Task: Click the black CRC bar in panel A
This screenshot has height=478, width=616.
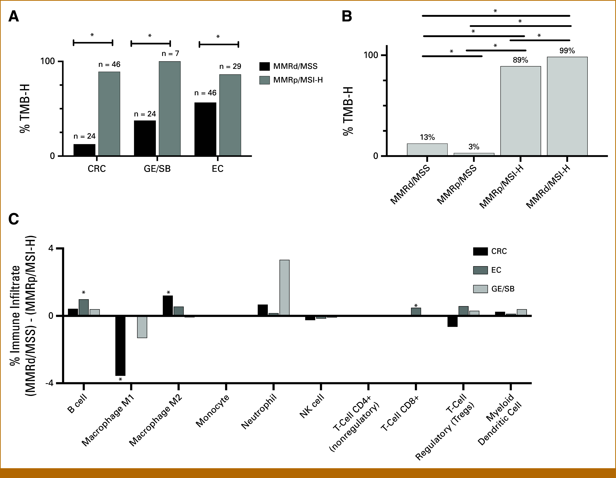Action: [84, 150]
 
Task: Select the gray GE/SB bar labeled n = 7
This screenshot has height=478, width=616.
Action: [170, 109]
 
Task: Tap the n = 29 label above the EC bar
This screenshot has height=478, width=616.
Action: [230, 67]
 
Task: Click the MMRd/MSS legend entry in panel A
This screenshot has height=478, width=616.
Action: [288, 66]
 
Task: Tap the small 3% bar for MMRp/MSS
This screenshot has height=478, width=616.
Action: [474, 154]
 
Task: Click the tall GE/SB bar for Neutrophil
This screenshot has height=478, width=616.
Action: [284, 288]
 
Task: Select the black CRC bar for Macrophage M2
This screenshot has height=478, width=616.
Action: [168, 306]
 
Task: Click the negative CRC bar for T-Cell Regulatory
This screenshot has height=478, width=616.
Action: [452, 321]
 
